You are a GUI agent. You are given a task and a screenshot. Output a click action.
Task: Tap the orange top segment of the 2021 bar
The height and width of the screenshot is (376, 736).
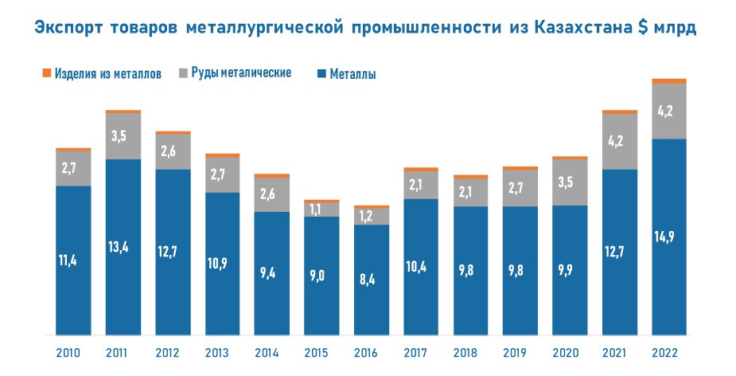point(620,112)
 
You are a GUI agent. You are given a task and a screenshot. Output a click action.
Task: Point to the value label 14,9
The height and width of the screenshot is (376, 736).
point(669,236)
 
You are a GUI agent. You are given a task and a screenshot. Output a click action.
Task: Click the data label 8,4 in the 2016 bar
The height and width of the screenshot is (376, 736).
point(372,279)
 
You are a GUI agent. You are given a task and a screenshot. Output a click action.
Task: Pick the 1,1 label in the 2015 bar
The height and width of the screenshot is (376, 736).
point(321,210)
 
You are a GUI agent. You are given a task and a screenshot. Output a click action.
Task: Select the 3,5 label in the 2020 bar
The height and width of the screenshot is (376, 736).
point(570,182)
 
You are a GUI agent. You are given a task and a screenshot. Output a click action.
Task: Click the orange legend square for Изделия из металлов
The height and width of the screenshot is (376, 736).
point(46,73)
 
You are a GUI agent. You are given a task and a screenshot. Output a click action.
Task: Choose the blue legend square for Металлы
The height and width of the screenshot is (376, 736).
point(321,74)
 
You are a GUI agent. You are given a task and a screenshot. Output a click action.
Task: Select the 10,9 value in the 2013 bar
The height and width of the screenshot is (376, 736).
point(222,263)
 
